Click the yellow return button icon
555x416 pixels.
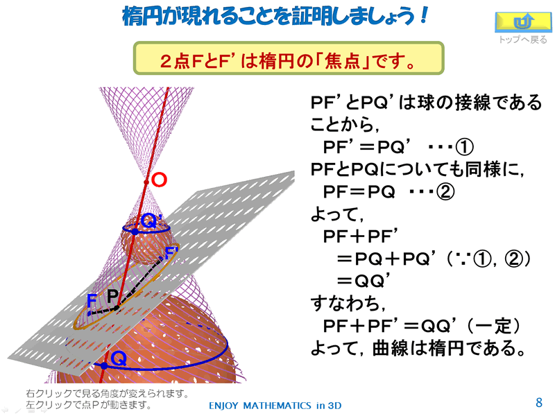click(x=523, y=22)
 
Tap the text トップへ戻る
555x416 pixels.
click(x=523, y=40)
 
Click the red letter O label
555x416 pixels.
click(x=160, y=180)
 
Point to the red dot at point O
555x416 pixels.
click(x=146, y=182)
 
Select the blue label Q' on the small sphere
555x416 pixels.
click(x=151, y=221)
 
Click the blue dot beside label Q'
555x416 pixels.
click(x=135, y=232)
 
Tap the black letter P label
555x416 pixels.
click(x=113, y=296)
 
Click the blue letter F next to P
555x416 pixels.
click(x=92, y=301)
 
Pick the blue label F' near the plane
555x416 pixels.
click(x=171, y=252)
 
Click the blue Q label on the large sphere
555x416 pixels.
click(x=119, y=359)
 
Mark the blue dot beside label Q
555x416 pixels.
click(x=104, y=365)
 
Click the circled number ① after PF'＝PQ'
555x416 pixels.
click(x=464, y=147)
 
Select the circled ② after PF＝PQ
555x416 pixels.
click(x=445, y=192)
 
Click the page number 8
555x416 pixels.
click(x=539, y=403)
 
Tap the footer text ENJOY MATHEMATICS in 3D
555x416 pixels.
click(x=275, y=406)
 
